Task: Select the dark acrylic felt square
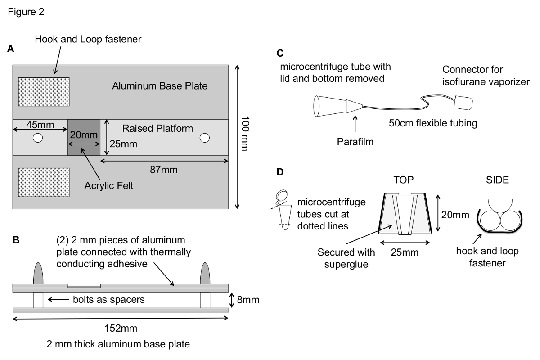click(84, 137)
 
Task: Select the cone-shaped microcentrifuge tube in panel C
click(329, 105)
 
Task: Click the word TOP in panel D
click(403, 180)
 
